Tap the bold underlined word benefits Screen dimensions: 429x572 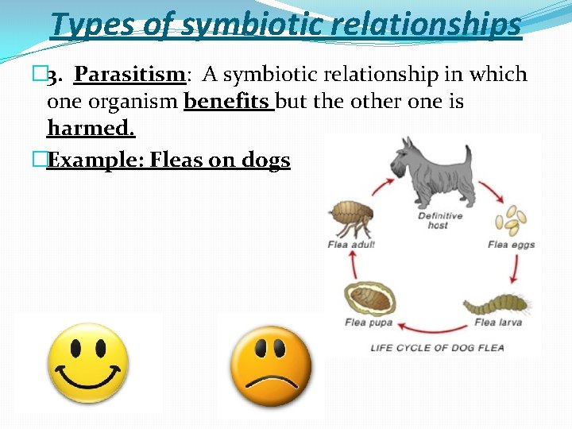[x=229, y=102]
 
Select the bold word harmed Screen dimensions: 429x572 [x=91, y=129]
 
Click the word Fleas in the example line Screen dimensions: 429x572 [x=176, y=160]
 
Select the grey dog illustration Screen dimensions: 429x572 [x=433, y=171]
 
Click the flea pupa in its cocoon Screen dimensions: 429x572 [x=369, y=300]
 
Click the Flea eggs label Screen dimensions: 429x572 [x=511, y=245]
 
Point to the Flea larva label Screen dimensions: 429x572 [x=496, y=323]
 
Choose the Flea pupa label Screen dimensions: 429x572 [x=368, y=323]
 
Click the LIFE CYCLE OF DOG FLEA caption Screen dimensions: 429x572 [x=437, y=347]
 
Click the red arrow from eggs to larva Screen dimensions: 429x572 [x=514, y=270]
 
